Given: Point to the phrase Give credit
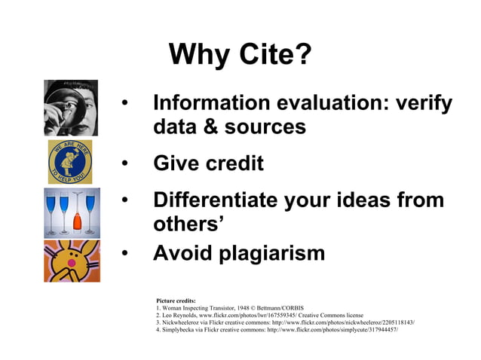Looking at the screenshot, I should click(x=208, y=163).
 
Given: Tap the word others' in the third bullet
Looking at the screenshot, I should click(x=188, y=224).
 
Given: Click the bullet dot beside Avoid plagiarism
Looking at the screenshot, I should click(x=126, y=254).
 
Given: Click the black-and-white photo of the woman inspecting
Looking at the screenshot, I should click(x=71, y=107).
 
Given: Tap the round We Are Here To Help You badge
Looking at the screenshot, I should click(x=70, y=161).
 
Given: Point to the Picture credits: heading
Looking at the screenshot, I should click(x=176, y=299).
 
